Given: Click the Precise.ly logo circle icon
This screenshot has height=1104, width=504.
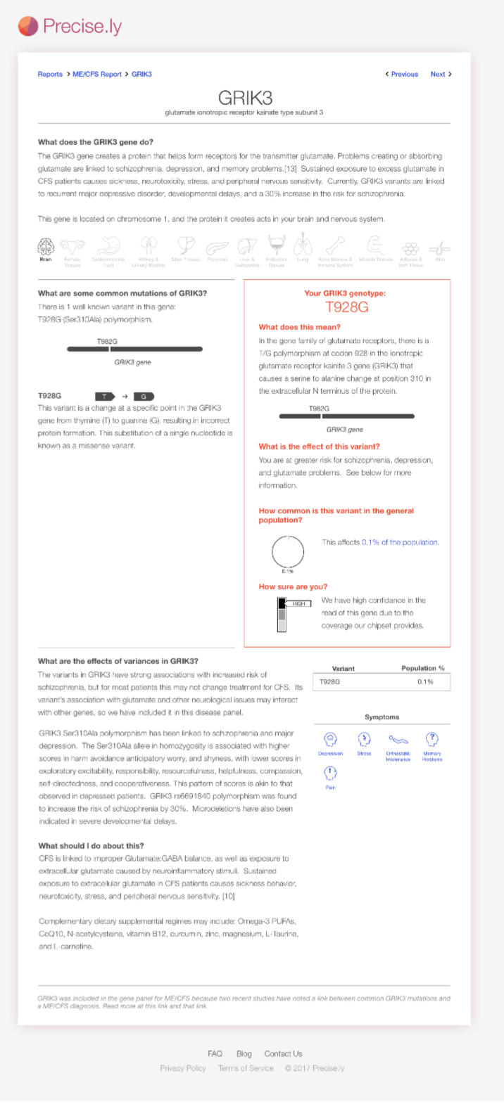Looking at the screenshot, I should pyautogui.click(x=28, y=26).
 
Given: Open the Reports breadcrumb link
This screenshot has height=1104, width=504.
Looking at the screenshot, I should pyautogui.click(x=50, y=74).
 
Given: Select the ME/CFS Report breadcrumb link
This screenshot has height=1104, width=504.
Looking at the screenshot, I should pyautogui.click(x=97, y=74).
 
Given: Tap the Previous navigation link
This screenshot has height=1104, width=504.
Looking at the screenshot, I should pyautogui.click(x=402, y=74).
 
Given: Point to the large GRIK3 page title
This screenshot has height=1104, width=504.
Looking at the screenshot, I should pyautogui.click(x=245, y=97).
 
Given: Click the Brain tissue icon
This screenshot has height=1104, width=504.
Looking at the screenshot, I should pyautogui.click(x=46, y=247).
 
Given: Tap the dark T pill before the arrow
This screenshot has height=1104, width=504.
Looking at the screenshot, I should pyautogui.click(x=105, y=396).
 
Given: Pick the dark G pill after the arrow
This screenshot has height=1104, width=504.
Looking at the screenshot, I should pyautogui.click(x=144, y=396).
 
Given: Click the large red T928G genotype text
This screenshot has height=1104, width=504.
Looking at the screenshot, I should pyautogui.click(x=346, y=307).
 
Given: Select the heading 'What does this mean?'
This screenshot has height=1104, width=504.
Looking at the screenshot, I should pyautogui.click(x=299, y=327).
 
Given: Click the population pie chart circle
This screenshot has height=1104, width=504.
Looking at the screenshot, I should pyautogui.click(x=288, y=551).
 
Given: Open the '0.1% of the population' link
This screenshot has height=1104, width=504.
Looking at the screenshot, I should pyautogui.click(x=400, y=542).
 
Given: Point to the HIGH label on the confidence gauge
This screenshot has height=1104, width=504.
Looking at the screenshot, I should pyautogui.click(x=299, y=603).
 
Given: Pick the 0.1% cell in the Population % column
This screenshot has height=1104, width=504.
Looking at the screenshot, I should pyautogui.click(x=425, y=681).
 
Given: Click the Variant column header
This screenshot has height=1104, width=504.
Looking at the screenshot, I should pyautogui.click(x=343, y=668).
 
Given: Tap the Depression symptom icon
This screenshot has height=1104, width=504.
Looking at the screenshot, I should pyautogui.click(x=330, y=739).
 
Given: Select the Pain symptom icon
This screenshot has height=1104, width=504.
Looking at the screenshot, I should pyautogui.click(x=330, y=773).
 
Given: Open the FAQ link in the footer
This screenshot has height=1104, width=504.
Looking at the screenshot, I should pyautogui.click(x=215, y=1053).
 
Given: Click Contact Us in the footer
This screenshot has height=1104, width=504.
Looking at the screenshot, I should pyautogui.click(x=283, y=1053).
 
